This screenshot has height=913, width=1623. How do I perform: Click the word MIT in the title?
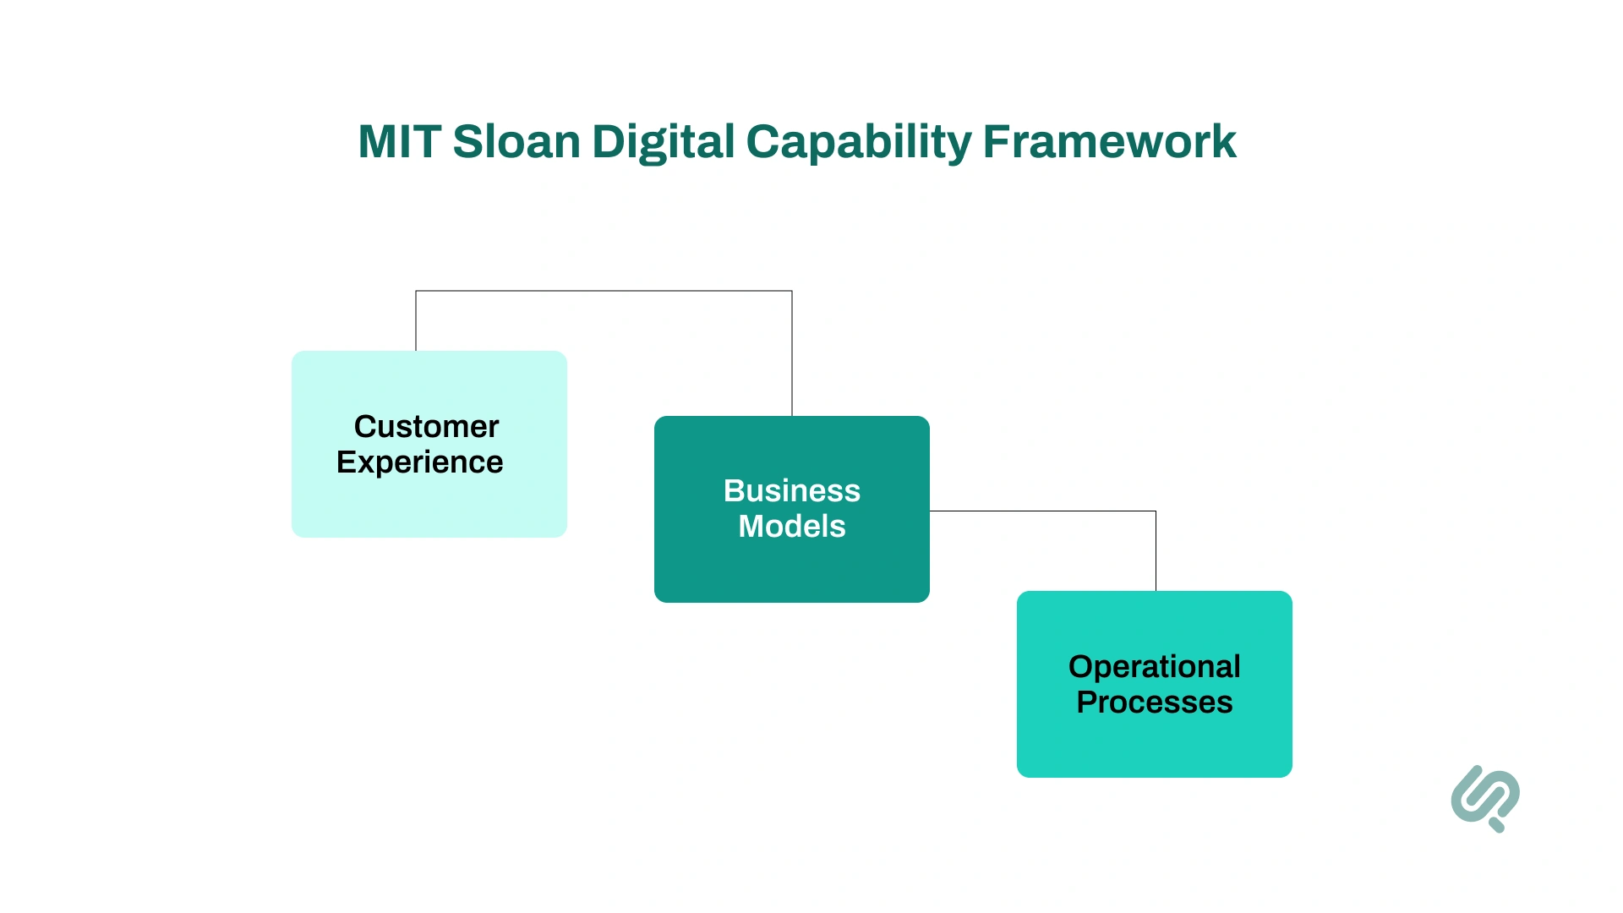tap(399, 142)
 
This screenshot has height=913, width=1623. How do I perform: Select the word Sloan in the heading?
tap(516, 142)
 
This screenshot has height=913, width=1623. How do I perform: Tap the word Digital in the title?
tap(664, 142)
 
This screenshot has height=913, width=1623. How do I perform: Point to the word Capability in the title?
tap(859, 142)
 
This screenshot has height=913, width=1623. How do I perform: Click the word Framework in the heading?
tap(1109, 142)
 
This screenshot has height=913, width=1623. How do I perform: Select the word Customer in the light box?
tap(426, 427)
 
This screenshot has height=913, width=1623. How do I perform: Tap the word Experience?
tap(419, 462)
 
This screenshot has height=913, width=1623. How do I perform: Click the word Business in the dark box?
tap(791, 491)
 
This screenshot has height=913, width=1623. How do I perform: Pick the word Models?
tap(791, 527)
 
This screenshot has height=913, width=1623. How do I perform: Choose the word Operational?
tap(1154, 667)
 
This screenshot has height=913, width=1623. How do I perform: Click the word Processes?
tap(1154, 703)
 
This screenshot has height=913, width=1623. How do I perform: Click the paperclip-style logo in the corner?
tap(1484, 797)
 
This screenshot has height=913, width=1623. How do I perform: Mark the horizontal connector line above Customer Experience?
tap(604, 291)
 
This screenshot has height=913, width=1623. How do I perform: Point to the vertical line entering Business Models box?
tap(792, 355)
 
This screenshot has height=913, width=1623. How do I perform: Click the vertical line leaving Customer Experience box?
tap(416, 321)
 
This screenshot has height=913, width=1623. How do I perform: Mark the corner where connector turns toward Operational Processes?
tap(1156, 511)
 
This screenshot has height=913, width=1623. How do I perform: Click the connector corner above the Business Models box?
tap(792, 291)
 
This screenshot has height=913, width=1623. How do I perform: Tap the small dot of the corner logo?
tap(1498, 825)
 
